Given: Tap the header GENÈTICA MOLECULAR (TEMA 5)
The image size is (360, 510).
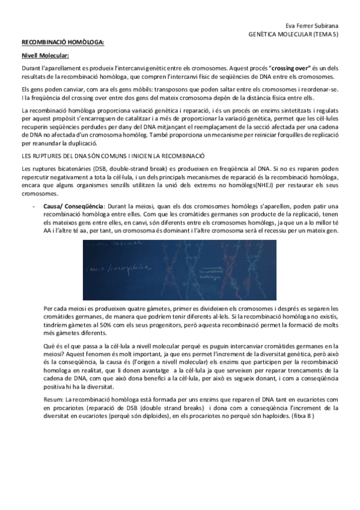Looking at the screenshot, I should [x=293, y=35].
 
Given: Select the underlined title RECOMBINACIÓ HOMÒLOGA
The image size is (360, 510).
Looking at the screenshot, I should [x=63, y=43].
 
